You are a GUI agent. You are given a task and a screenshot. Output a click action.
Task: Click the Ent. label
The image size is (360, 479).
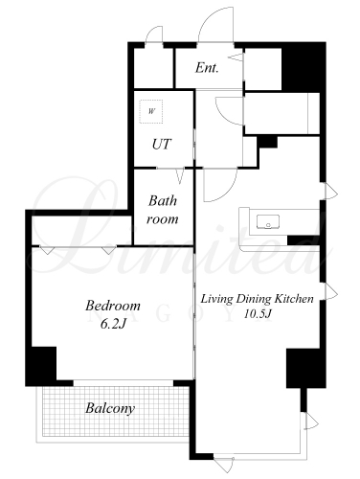click(x=207, y=68)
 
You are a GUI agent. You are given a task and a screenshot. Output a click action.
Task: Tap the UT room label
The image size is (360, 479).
click(x=162, y=145)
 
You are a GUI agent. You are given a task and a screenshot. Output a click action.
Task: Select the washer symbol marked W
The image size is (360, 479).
click(x=151, y=111)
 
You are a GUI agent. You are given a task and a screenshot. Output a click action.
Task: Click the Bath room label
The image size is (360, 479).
click(x=163, y=210)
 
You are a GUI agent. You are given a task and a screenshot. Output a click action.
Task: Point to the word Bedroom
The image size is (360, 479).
click(x=113, y=306)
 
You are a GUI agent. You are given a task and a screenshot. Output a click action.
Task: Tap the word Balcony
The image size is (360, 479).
click(x=110, y=408)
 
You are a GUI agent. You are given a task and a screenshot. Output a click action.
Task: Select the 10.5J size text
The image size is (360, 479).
click(x=258, y=314)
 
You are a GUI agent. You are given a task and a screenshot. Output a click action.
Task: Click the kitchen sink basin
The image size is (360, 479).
click(x=268, y=221)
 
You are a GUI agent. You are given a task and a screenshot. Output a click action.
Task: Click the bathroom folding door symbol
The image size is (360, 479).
click(x=180, y=175)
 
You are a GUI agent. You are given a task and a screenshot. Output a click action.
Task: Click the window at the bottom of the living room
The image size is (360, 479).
click(x=257, y=457)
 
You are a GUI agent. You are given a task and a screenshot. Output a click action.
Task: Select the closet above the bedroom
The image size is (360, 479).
click(x=81, y=231)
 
